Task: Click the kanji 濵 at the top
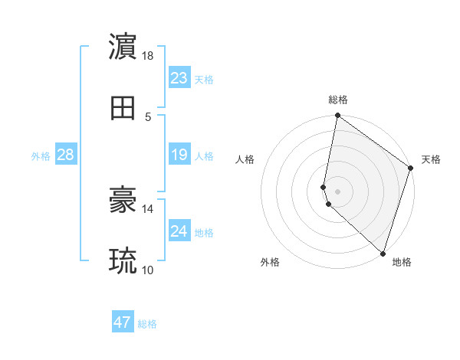123,46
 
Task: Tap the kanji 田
123,108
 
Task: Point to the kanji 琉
123,261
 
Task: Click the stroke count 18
148,56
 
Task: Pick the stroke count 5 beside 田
148,117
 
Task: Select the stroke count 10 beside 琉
148,270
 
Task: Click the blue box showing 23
179,77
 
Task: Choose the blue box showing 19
179,155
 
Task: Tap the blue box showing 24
179,231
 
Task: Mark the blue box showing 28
66,155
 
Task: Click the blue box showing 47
123,322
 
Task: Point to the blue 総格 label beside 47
148,324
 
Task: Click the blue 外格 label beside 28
41,156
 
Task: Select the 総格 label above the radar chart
338,100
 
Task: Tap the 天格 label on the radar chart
431,159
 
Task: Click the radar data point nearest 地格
383,253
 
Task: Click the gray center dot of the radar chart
338,191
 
